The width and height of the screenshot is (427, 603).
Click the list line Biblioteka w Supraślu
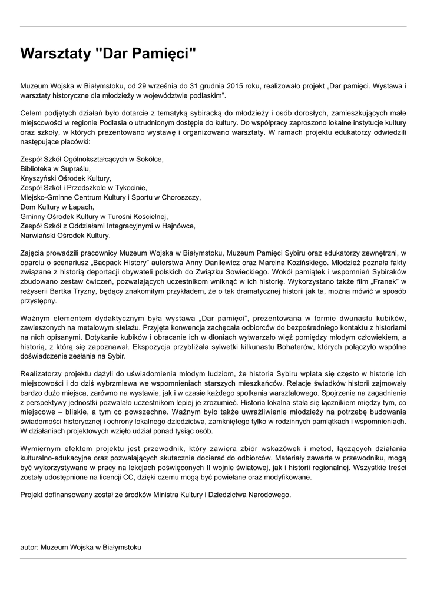tap(56, 168)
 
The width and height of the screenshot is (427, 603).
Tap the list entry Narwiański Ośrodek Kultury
tap(65, 235)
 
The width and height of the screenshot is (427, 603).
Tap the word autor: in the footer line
tap(29, 547)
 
